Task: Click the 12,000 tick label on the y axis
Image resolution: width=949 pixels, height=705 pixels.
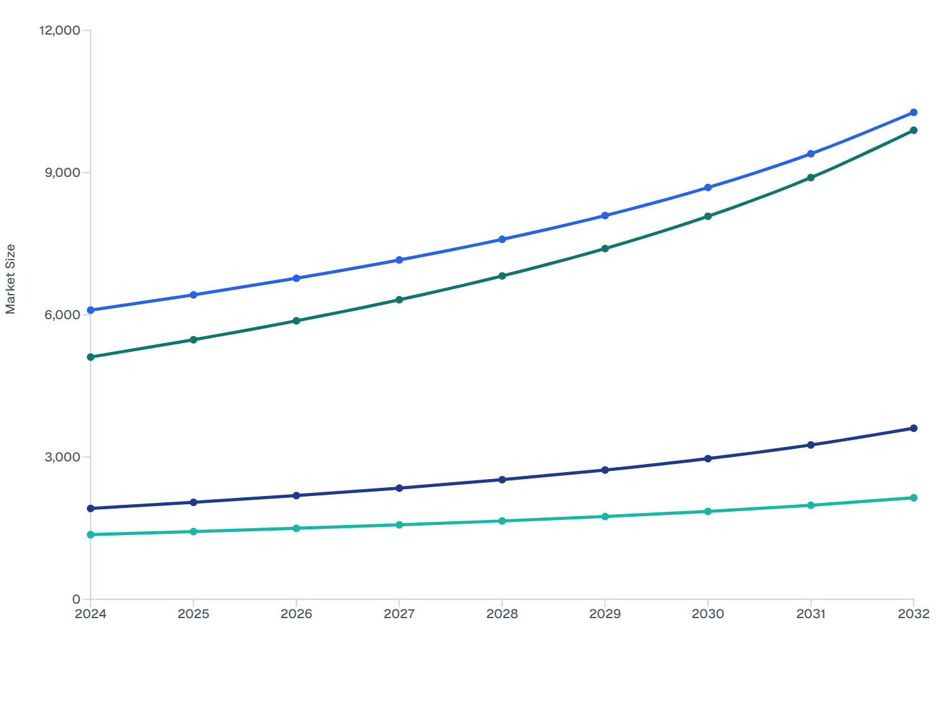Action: pos(60,30)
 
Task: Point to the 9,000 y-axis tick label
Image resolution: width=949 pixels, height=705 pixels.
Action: pos(63,172)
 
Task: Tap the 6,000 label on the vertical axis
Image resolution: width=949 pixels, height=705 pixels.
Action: pos(63,315)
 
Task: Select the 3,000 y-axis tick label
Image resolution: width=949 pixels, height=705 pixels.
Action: pos(63,457)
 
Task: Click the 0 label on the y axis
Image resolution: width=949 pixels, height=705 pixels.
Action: pos(76,599)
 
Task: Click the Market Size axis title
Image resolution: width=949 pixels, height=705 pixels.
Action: pos(11,279)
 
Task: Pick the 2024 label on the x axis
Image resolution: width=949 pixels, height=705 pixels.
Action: pos(91,614)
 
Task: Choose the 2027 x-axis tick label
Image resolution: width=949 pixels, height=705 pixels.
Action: pos(399,614)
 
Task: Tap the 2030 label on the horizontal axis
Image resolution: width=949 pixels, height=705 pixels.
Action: pos(708,614)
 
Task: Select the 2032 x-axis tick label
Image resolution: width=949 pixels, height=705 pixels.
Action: pos(913,614)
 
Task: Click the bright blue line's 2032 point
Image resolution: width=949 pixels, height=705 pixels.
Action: pos(914,113)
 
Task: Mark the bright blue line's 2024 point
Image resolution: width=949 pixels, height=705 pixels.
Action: pos(91,310)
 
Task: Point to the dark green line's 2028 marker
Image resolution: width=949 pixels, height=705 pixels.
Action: pos(502,276)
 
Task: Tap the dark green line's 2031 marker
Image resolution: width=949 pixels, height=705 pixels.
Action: pos(811,178)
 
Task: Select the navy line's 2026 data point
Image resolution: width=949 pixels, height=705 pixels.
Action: pos(296,495)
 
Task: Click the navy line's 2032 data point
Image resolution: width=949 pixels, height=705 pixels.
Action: pos(914,428)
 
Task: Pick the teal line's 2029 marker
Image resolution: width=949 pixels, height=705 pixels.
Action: pos(605,516)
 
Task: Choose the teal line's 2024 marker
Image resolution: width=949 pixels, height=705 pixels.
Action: pos(91,534)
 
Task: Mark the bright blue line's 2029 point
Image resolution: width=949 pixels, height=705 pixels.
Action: pos(605,215)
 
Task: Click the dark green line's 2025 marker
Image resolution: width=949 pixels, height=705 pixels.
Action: pos(193,340)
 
